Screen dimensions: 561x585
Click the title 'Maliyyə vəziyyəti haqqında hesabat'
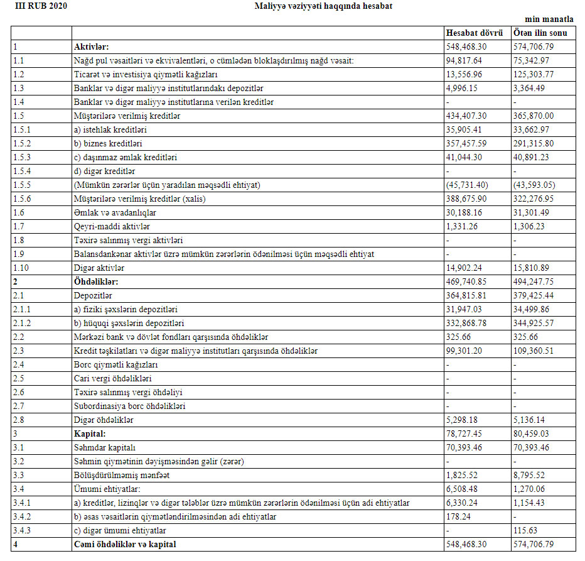pos(324,6)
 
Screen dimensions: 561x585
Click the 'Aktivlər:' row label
pos(91,46)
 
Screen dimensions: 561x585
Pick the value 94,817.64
pos(464,60)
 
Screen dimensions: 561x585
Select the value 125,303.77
pos(534,74)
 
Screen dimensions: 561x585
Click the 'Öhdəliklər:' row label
pos(96,281)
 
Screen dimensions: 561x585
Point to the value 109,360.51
pos(534,351)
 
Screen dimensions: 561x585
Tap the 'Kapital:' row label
pos(90,433)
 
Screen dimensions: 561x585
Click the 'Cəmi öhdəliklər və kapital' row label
pos(125,544)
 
